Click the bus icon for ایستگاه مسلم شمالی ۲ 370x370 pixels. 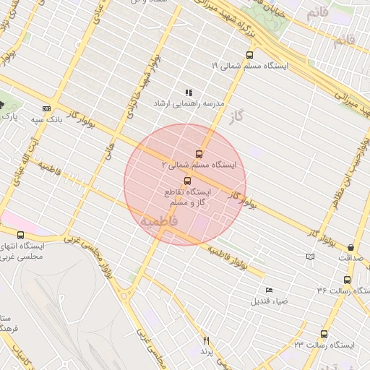[x=199, y=153]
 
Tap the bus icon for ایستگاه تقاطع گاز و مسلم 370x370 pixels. [x=188, y=180]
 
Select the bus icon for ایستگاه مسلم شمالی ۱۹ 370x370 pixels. [x=250, y=54]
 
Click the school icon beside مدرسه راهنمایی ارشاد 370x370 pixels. [x=189, y=92]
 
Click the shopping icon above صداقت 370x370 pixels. [x=350, y=247]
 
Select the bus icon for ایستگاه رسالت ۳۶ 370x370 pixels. [x=347, y=280]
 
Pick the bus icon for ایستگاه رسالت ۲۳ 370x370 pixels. [x=324, y=334]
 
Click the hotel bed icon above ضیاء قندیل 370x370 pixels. [x=270, y=290]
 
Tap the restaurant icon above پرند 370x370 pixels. [x=207, y=340]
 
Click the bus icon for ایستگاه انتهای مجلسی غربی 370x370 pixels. [x=20, y=235]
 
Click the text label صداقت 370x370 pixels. [x=350, y=257]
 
